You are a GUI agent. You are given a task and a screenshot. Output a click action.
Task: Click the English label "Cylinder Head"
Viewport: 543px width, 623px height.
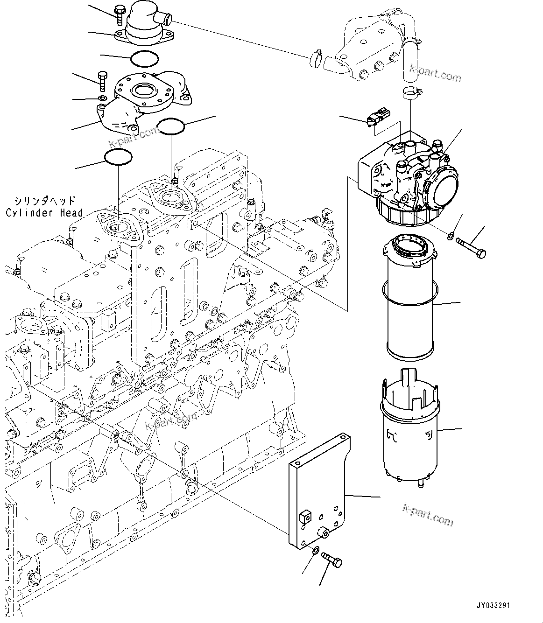(44, 213)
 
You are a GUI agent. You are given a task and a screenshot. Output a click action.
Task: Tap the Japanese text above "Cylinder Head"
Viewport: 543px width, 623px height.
(44, 201)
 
